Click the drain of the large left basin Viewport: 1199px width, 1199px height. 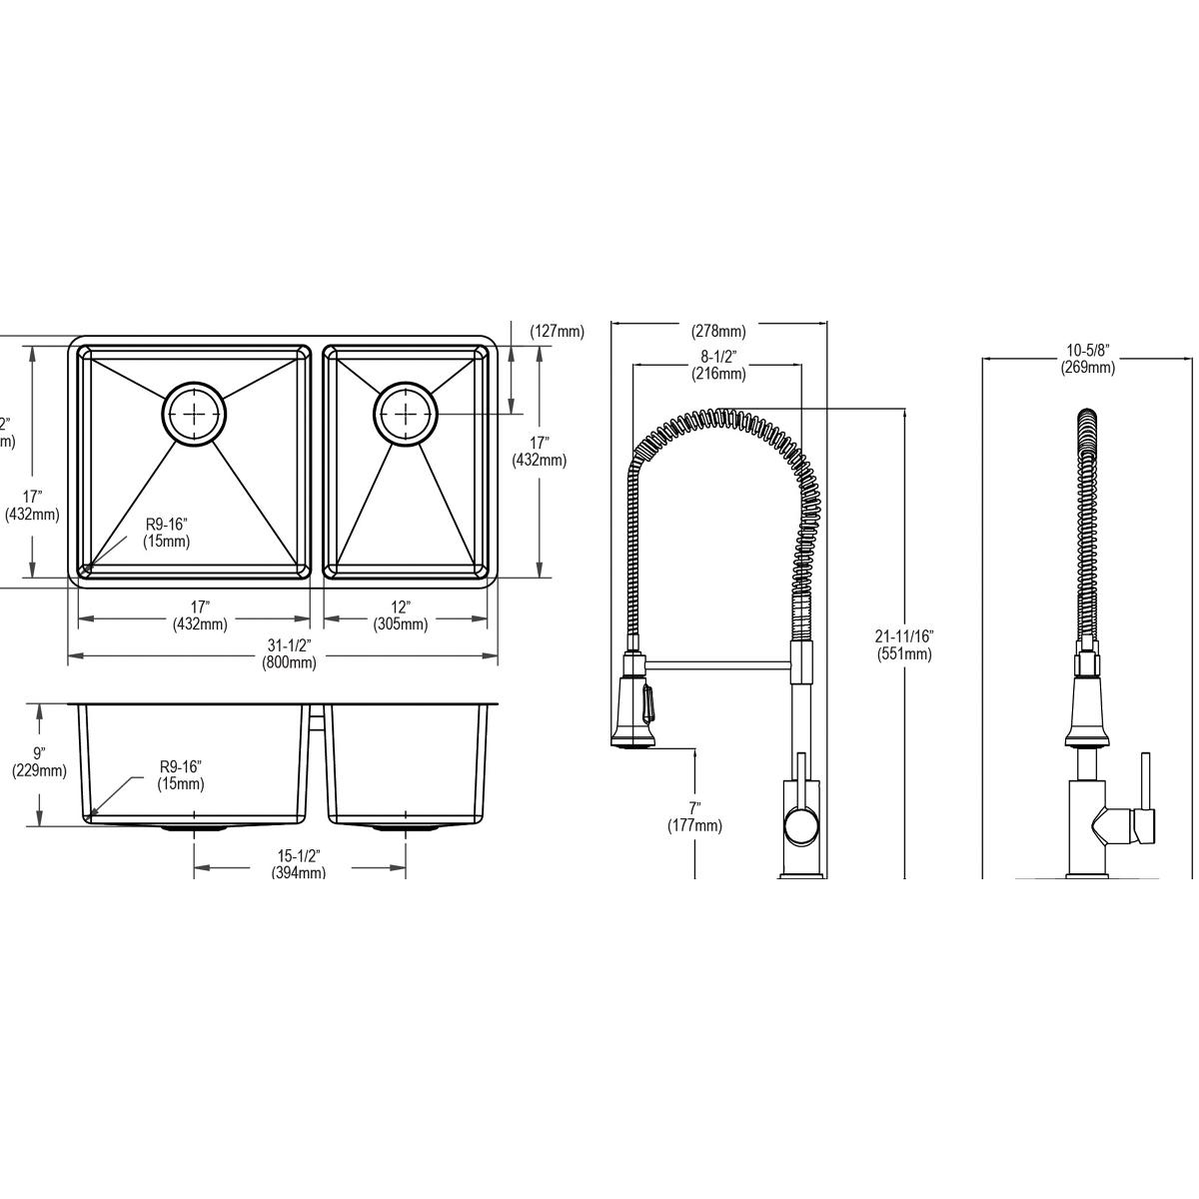[x=195, y=412]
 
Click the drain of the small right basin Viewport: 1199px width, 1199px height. [x=405, y=412]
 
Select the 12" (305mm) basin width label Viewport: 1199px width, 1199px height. [x=400, y=616]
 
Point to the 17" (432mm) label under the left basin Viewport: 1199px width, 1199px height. [x=200, y=616]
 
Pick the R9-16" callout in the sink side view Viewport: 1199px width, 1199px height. [x=181, y=775]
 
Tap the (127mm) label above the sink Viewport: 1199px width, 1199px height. [x=557, y=332]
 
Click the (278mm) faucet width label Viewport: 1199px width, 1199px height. [x=718, y=332]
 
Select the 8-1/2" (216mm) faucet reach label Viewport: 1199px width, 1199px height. [x=718, y=366]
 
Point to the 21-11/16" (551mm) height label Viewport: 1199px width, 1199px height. [x=903, y=645]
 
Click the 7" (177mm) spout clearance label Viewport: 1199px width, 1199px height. [x=694, y=816]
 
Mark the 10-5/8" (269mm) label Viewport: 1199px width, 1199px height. [x=1088, y=359]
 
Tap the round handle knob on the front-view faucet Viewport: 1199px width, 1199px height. [x=799, y=826]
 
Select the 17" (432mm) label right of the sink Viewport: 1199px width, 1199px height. [x=540, y=452]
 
